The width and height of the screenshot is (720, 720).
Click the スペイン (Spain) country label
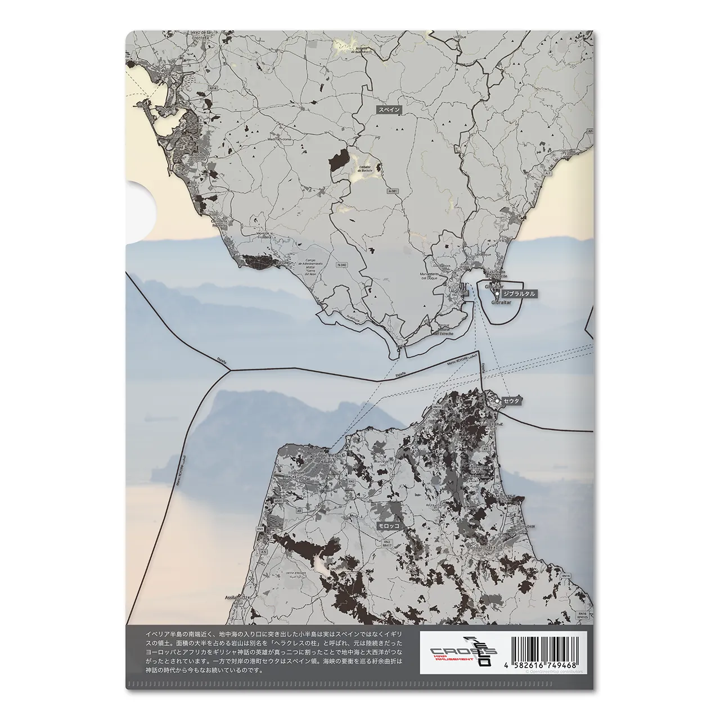pos(389,110)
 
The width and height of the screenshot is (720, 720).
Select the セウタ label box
pos(511,401)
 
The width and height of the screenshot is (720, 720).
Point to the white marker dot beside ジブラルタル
pos(497,294)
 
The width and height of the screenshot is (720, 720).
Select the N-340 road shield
pos(342,264)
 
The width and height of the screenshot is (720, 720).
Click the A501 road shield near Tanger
pos(278,500)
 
